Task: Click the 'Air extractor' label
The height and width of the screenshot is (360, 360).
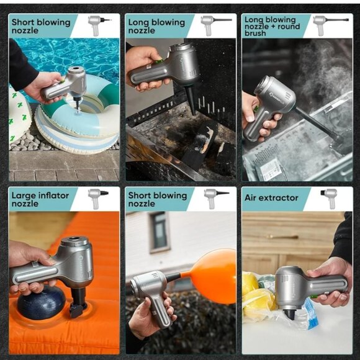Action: [271, 197]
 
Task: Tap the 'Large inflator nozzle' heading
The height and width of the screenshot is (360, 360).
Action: [40, 199]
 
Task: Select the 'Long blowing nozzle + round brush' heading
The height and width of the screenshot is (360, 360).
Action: [272, 26]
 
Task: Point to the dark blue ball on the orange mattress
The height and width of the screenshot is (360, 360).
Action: [42, 303]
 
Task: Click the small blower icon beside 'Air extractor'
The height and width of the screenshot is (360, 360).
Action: [330, 198]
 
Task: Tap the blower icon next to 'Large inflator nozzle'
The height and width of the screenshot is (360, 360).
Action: [97, 199]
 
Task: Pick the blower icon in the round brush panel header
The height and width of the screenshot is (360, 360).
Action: [330, 25]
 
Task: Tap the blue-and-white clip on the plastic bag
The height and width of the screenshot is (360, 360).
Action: [310, 312]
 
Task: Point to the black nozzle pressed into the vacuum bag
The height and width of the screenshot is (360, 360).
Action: [290, 314]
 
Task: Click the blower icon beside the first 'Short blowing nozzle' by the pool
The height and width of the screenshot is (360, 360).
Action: [99, 25]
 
